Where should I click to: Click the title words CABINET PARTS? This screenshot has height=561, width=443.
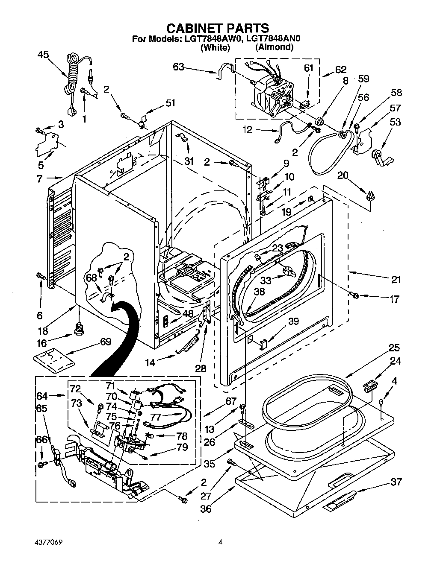218,28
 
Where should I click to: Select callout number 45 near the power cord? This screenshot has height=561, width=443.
43,54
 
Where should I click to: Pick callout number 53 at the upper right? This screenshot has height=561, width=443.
395,122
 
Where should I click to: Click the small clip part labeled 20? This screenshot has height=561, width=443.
369,197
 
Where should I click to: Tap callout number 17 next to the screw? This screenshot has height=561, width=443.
395,299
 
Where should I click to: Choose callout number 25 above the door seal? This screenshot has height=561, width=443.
394,348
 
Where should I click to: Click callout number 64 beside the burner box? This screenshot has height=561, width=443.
42,396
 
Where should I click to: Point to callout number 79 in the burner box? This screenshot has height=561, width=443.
182,447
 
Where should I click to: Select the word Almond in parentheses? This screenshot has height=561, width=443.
274,47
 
